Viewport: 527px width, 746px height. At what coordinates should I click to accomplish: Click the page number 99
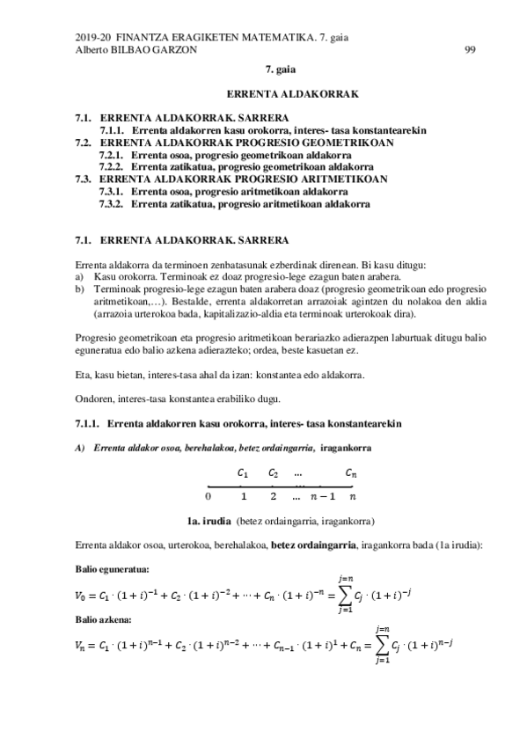(469, 50)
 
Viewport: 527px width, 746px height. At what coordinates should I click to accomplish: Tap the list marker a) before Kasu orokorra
(80, 275)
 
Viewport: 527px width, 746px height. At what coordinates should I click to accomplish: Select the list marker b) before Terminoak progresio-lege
(80, 286)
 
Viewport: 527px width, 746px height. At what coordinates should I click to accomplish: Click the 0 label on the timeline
(208, 494)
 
